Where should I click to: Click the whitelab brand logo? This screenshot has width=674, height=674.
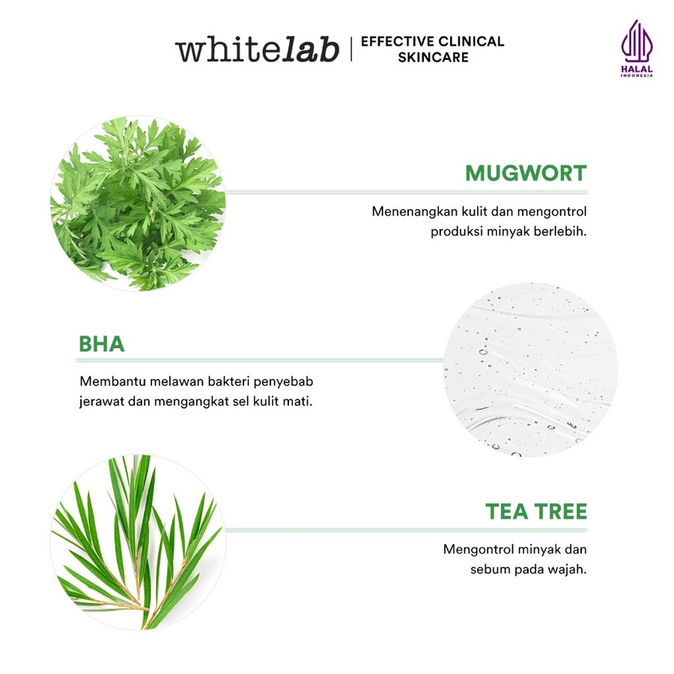coord(257,49)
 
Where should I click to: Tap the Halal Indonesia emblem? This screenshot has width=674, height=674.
coord(637,49)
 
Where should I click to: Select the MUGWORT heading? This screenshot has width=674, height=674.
coord(526,173)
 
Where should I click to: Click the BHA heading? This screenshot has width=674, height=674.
coord(101,344)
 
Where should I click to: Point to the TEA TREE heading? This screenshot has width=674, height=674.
coord(536,512)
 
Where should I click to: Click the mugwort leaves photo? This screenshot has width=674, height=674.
coord(137,204)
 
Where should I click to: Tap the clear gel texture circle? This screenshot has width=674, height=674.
coord(531,371)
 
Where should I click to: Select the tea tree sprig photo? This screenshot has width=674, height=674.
coord(137,542)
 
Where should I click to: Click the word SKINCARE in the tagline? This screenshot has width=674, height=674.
coord(433,57)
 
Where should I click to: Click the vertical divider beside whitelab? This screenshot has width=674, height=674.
coord(350,49)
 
